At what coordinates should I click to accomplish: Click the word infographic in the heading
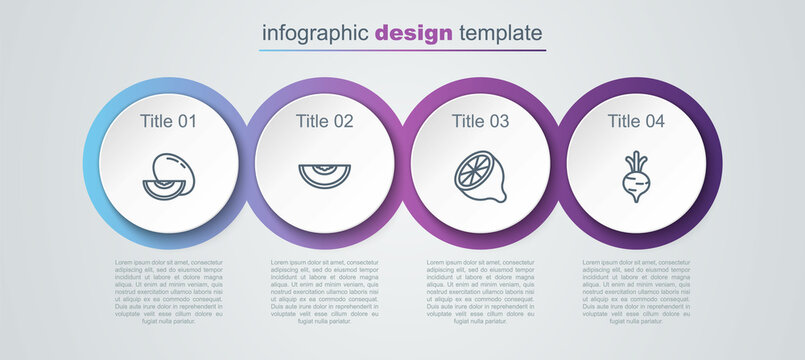[314, 33]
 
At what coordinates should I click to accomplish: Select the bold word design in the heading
[413, 33]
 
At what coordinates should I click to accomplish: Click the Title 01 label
[168, 122]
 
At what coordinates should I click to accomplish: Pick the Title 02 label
[324, 122]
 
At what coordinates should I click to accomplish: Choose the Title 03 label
[480, 122]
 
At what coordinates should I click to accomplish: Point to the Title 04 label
[636, 122]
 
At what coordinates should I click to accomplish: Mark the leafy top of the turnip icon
[636, 161]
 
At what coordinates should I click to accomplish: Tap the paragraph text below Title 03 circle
[480, 293]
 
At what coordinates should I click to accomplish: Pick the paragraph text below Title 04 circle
[636, 293]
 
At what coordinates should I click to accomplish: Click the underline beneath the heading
[402, 50]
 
